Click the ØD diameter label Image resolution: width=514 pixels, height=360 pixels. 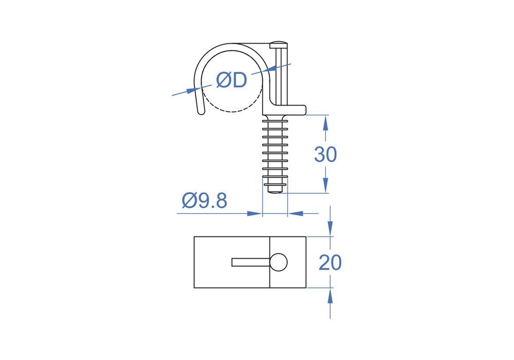(231, 80)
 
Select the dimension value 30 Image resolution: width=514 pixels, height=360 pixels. (325, 154)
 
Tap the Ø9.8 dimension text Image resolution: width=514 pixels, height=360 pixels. (204, 201)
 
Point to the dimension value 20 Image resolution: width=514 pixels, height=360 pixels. (330, 263)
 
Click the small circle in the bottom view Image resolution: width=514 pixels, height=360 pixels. (279, 262)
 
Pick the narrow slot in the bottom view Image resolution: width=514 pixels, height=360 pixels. (251, 262)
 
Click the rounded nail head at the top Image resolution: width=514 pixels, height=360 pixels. (278, 45)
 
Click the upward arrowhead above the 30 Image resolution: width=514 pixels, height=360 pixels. (325, 122)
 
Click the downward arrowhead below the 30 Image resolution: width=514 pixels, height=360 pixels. (325, 186)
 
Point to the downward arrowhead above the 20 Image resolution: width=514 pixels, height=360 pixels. (330, 229)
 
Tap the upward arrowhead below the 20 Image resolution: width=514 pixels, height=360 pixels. (330, 296)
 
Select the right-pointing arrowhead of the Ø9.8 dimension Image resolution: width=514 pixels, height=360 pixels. (255, 214)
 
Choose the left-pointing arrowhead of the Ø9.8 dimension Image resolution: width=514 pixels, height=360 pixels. (296, 214)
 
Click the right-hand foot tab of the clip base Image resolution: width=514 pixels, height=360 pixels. (297, 110)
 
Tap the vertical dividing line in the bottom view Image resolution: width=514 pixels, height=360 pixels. (270, 262)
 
